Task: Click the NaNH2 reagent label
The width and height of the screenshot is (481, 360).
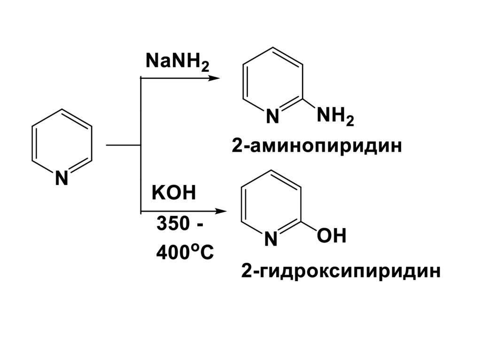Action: pos(178,61)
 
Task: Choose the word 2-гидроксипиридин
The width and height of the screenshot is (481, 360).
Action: pos(341,271)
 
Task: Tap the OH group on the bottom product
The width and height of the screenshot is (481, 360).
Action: pos(332,236)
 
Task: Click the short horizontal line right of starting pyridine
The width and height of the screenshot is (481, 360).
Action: pos(124,146)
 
